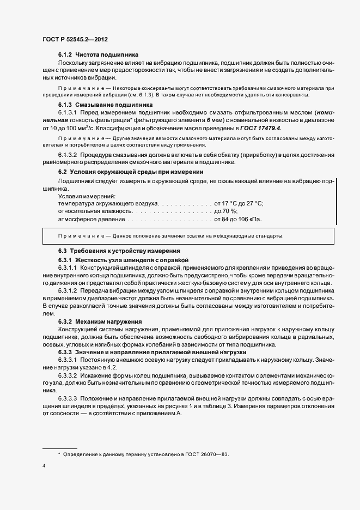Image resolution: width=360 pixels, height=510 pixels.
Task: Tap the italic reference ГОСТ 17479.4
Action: point(247,128)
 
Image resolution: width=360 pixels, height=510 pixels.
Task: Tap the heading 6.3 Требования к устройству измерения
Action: point(119,251)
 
